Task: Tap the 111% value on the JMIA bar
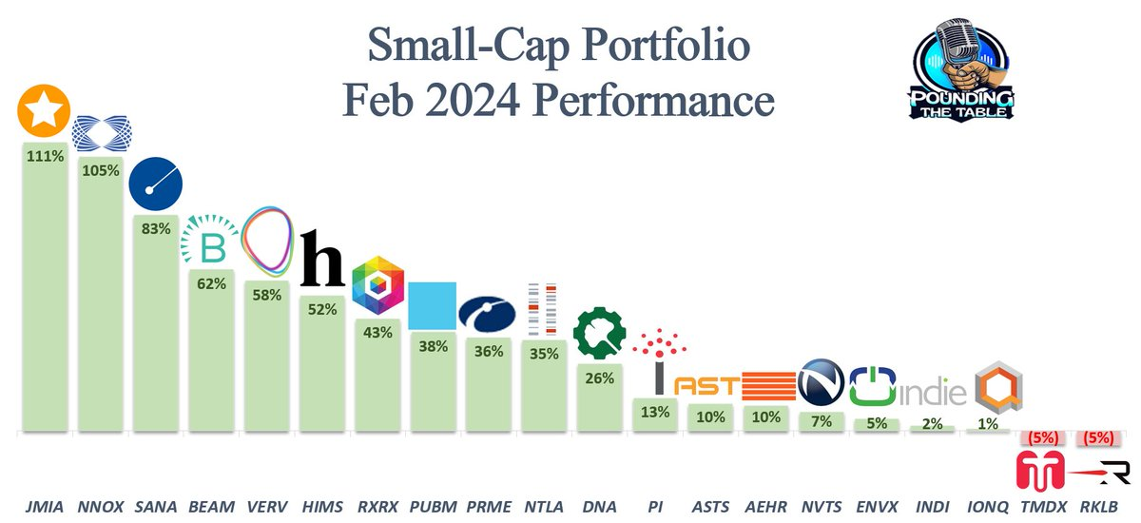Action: (44, 156)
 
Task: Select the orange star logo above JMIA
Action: (44, 110)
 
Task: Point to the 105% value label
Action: (100, 171)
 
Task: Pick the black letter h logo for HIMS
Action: (321, 259)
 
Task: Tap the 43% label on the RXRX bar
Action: (378, 333)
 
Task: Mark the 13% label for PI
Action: (656, 413)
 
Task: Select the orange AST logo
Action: (705, 386)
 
